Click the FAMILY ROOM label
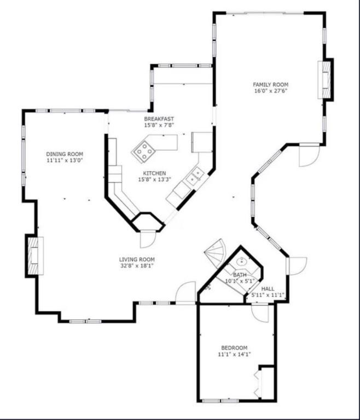(x=270, y=85)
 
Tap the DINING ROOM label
(x=65, y=154)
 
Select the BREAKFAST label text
(x=159, y=119)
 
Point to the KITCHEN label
(x=154, y=173)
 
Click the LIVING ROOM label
(x=137, y=259)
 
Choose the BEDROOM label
(x=234, y=348)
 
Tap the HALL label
(x=268, y=289)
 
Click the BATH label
(x=240, y=275)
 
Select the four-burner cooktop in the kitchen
(x=143, y=152)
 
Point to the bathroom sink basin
(x=242, y=261)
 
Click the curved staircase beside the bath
(x=215, y=253)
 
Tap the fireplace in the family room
(x=326, y=80)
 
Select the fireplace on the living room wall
(x=34, y=256)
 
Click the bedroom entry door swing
(x=260, y=313)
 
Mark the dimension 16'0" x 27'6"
(x=271, y=91)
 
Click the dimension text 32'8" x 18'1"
(x=137, y=266)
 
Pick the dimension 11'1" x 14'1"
(x=234, y=354)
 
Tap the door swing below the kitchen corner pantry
(x=148, y=239)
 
